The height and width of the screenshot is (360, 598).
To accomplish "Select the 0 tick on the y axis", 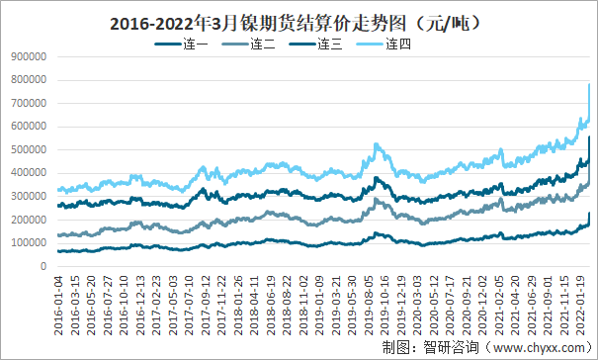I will pos(43,266).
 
